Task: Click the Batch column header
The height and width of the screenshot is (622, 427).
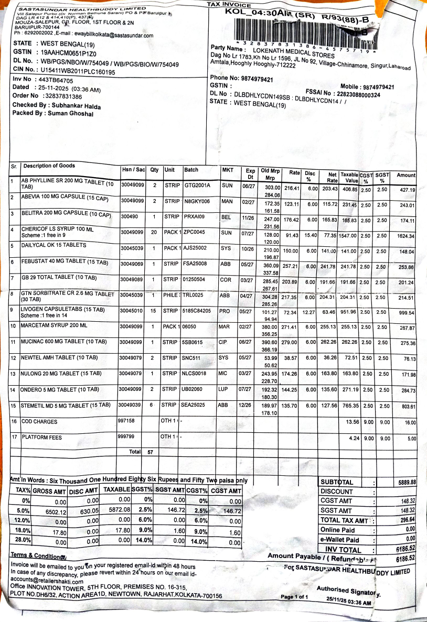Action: pyautogui.click(x=191, y=170)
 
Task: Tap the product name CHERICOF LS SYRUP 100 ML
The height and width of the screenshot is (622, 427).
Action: pyautogui.click(x=57, y=229)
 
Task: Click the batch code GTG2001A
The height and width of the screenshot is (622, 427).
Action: pyautogui.click(x=197, y=185)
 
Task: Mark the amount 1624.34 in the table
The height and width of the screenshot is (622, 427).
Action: pyautogui.click(x=406, y=236)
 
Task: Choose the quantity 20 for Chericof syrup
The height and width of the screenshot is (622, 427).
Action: pyautogui.click(x=154, y=232)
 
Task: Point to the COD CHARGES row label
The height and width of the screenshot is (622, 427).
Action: pyautogui.click(x=41, y=421)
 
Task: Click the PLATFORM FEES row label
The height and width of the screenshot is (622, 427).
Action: pyautogui.click(x=41, y=437)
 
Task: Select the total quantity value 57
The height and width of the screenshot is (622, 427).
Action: pyautogui.click(x=151, y=451)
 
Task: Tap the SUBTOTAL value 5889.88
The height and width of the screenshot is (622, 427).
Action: pyautogui.click(x=405, y=482)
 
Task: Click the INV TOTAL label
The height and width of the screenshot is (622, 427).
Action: pyautogui.click(x=343, y=550)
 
